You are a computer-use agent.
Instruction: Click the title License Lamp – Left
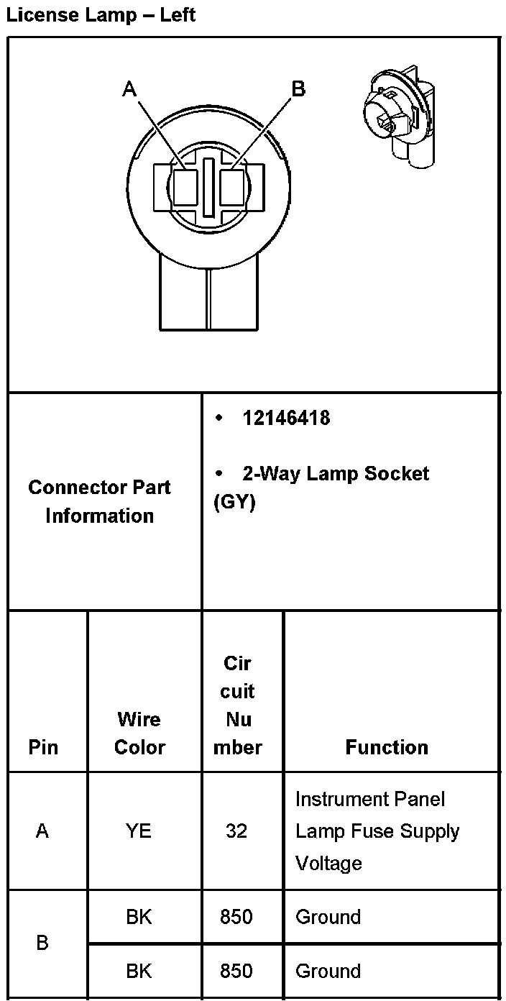click(101, 14)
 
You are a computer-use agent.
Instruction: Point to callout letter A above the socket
click(129, 89)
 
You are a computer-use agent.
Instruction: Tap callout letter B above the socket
click(298, 89)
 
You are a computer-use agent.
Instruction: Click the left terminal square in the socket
click(185, 188)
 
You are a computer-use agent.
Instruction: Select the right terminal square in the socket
click(232, 188)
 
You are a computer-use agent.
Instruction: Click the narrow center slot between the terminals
click(208, 187)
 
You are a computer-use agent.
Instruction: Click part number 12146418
click(286, 419)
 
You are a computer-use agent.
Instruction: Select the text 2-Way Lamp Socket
click(336, 474)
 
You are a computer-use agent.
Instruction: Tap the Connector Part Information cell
click(100, 501)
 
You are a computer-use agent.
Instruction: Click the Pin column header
click(43, 747)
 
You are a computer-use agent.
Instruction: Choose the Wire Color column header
click(139, 733)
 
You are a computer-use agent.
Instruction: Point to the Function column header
click(387, 747)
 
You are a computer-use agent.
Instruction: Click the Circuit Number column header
click(238, 705)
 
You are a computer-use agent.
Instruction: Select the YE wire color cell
click(139, 831)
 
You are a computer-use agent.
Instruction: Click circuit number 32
click(236, 831)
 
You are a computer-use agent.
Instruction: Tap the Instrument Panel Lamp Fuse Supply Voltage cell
click(377, 831)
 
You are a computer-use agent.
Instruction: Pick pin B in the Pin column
click(42, 943)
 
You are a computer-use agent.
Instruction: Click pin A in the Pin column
click(42, 831)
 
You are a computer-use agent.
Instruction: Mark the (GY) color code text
click(235, 502)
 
